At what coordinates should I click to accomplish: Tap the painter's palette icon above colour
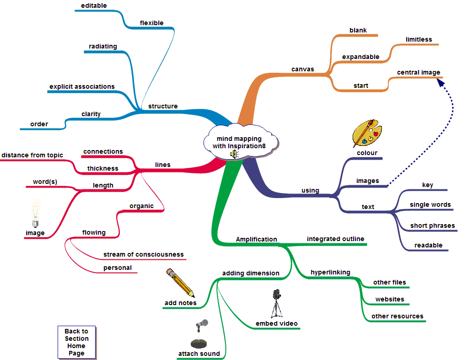point(367,133)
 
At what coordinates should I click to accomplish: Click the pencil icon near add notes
point(181,283)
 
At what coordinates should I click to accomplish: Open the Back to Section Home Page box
point(76,342)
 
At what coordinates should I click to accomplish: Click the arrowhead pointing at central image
point(440,82)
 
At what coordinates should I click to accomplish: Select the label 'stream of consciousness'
point(143,254)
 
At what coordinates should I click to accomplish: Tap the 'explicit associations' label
point(82,86)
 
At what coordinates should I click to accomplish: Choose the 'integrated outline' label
point(336,239)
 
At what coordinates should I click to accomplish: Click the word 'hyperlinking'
point(330,272)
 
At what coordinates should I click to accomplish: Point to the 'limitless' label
point(418,39)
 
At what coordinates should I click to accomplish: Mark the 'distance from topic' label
point(32,155)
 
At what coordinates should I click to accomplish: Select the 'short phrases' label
point(432,226)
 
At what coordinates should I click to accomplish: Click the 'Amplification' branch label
point(257,239)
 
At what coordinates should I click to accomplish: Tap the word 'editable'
point(93,5)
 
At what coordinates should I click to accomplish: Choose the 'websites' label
point(390,299)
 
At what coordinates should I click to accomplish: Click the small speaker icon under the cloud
point(234,155)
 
